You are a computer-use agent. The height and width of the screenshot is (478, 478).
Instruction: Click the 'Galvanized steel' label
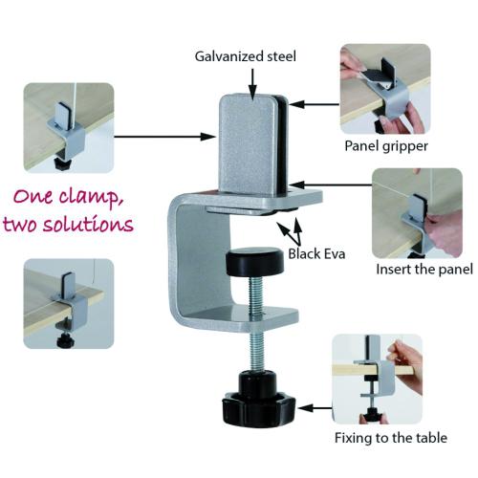[x=245, y=56]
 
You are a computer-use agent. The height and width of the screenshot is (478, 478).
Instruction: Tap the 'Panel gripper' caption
[x=386, y=146]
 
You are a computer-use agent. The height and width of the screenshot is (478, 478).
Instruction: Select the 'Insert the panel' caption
[x=424, y=270]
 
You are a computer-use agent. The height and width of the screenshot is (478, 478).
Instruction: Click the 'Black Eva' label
[x=316, y=254]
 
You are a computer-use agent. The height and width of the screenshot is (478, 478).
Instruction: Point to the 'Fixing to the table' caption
[x=391, y=438]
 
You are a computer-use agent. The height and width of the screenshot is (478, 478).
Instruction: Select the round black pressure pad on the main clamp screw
[x=254, y=261]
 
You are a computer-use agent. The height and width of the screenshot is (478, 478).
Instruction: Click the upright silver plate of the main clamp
[x=248, y=144]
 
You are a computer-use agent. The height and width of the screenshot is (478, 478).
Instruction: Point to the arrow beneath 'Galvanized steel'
[x=252, y=84]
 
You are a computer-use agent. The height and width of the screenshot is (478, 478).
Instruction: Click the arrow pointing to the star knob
[x=315, y=408]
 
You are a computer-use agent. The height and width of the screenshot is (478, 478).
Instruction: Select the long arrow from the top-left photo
[x=164, y=137]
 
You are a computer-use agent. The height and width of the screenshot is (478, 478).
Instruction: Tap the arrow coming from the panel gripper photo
[x=315, y=104]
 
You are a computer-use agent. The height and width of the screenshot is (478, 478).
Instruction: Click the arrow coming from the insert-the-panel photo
[x=331, y=185]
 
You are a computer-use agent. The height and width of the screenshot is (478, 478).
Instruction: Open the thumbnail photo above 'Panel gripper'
[x=385, y=89]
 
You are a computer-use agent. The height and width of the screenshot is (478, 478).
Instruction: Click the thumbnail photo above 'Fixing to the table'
[x=378, y=380]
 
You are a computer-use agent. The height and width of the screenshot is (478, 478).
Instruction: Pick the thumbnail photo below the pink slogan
[x=69, y=304]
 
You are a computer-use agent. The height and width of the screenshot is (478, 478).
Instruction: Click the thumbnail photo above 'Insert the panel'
[x=418, y=213]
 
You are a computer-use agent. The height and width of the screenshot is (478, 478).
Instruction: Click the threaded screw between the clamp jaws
[x=256, y=322]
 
